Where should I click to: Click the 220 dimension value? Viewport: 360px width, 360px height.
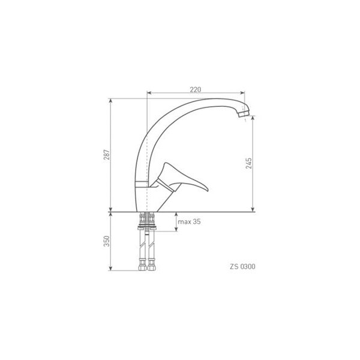point(196,89)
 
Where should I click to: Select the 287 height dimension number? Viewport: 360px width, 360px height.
point(107,155)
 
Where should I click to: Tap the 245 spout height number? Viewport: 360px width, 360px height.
point(248,163)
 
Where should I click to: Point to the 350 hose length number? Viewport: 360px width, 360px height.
point(107,241)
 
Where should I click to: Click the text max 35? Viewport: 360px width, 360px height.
point(189,221)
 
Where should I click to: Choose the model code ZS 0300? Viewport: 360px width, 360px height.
point(242,266)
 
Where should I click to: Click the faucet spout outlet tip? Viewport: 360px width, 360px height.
point(244,114)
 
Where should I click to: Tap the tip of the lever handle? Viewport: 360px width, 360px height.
point(208,190)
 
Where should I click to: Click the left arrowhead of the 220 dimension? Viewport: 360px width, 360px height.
point(149,93)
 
